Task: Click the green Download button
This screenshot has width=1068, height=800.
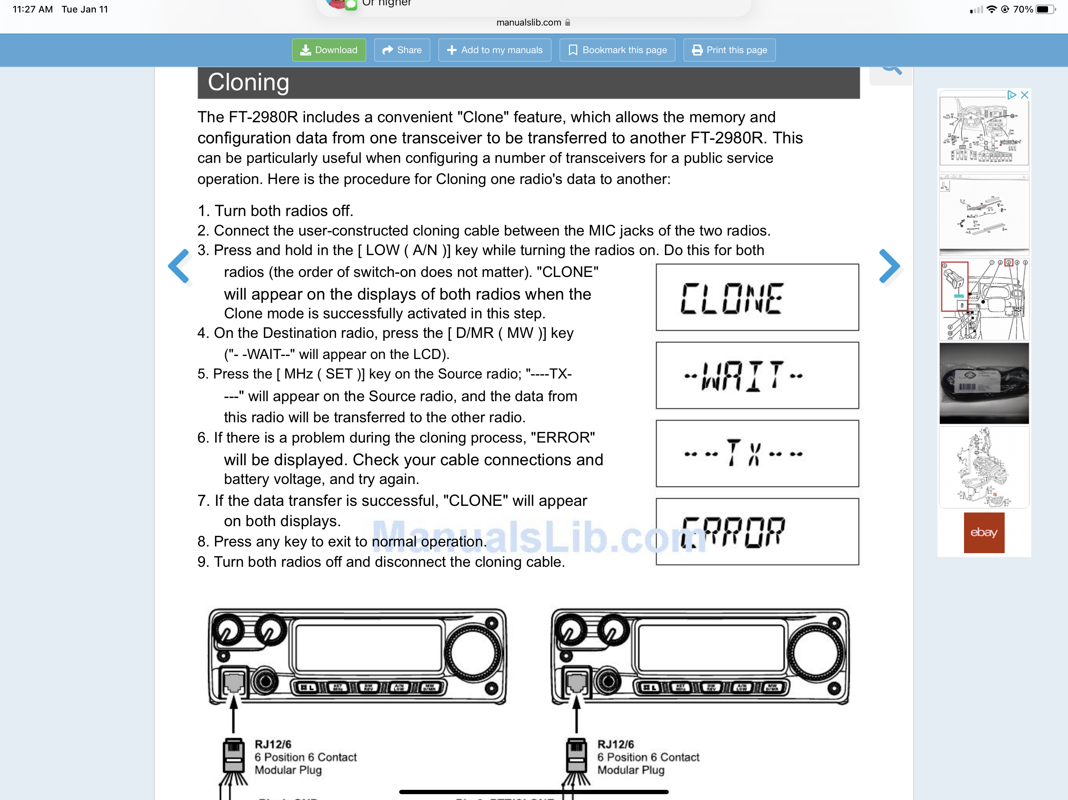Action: click(x=329, y=50)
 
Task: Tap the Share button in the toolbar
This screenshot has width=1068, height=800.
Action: click(x=402, y=50)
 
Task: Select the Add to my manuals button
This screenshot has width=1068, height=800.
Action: click(x=495, y=50)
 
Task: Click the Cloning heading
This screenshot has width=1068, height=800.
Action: click(x=249, y=82)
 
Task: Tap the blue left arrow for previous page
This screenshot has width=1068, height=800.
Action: click(x=179, y=266)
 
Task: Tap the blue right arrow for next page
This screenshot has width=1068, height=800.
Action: click(x=889, y=266)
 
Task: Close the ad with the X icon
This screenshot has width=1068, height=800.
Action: click(x=1024, y=95)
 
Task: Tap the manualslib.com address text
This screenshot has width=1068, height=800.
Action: click(x=528, y=22)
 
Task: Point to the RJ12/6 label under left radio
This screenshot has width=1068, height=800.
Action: click(x=273, y=744)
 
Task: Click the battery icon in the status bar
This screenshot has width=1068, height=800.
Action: click(x=1045, y=9)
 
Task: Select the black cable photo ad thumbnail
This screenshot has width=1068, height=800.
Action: click(x=984, y=383)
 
